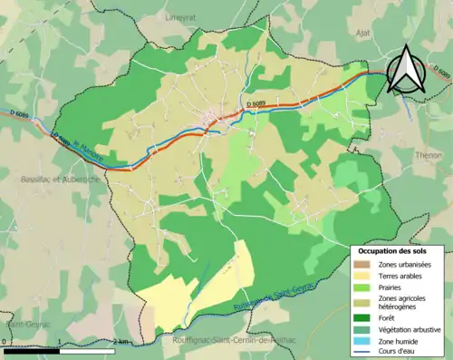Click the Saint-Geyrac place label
click(x=20, y=324)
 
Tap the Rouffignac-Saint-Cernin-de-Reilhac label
click(x=233, y=339)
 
